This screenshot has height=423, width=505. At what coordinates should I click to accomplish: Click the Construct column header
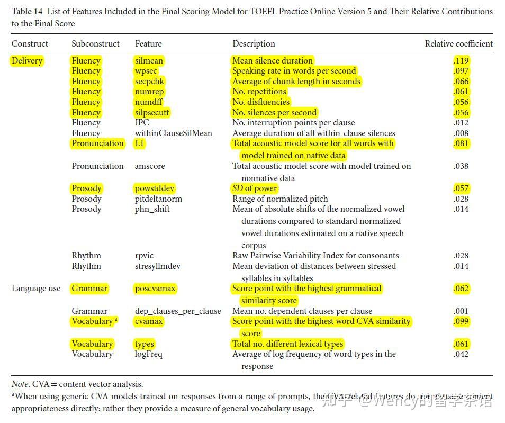click(30, 44)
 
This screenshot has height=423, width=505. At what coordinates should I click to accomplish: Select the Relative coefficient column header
click(458, 44)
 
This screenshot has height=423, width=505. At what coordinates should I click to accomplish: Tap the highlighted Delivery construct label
click(27, 61)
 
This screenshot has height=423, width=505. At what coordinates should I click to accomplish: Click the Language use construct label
click(36, 289)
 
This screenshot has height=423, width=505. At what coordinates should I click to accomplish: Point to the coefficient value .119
click(461, 61)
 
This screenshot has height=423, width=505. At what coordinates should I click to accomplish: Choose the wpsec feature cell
click(146, 71)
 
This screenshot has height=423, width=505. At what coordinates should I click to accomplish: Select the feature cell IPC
click(142, 123)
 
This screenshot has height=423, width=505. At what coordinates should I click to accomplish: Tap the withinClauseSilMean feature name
click(173, 133)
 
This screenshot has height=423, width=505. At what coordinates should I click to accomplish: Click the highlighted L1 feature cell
click(140, 143)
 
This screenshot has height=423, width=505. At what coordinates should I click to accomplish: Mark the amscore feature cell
click(150, 166)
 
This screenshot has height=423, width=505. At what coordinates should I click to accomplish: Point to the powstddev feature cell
click(155, 188)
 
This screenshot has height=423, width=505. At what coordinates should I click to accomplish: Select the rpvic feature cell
click(144, 256)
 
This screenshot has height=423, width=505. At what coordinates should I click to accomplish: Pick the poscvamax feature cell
click(155, 289)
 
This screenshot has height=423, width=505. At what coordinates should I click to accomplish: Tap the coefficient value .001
click(461, 311)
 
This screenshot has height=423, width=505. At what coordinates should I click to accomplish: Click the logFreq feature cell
click(149, 354)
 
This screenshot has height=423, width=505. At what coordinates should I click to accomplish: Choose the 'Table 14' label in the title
click(27, 12)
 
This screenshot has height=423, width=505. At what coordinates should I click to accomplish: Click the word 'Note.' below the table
click(21, 384)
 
